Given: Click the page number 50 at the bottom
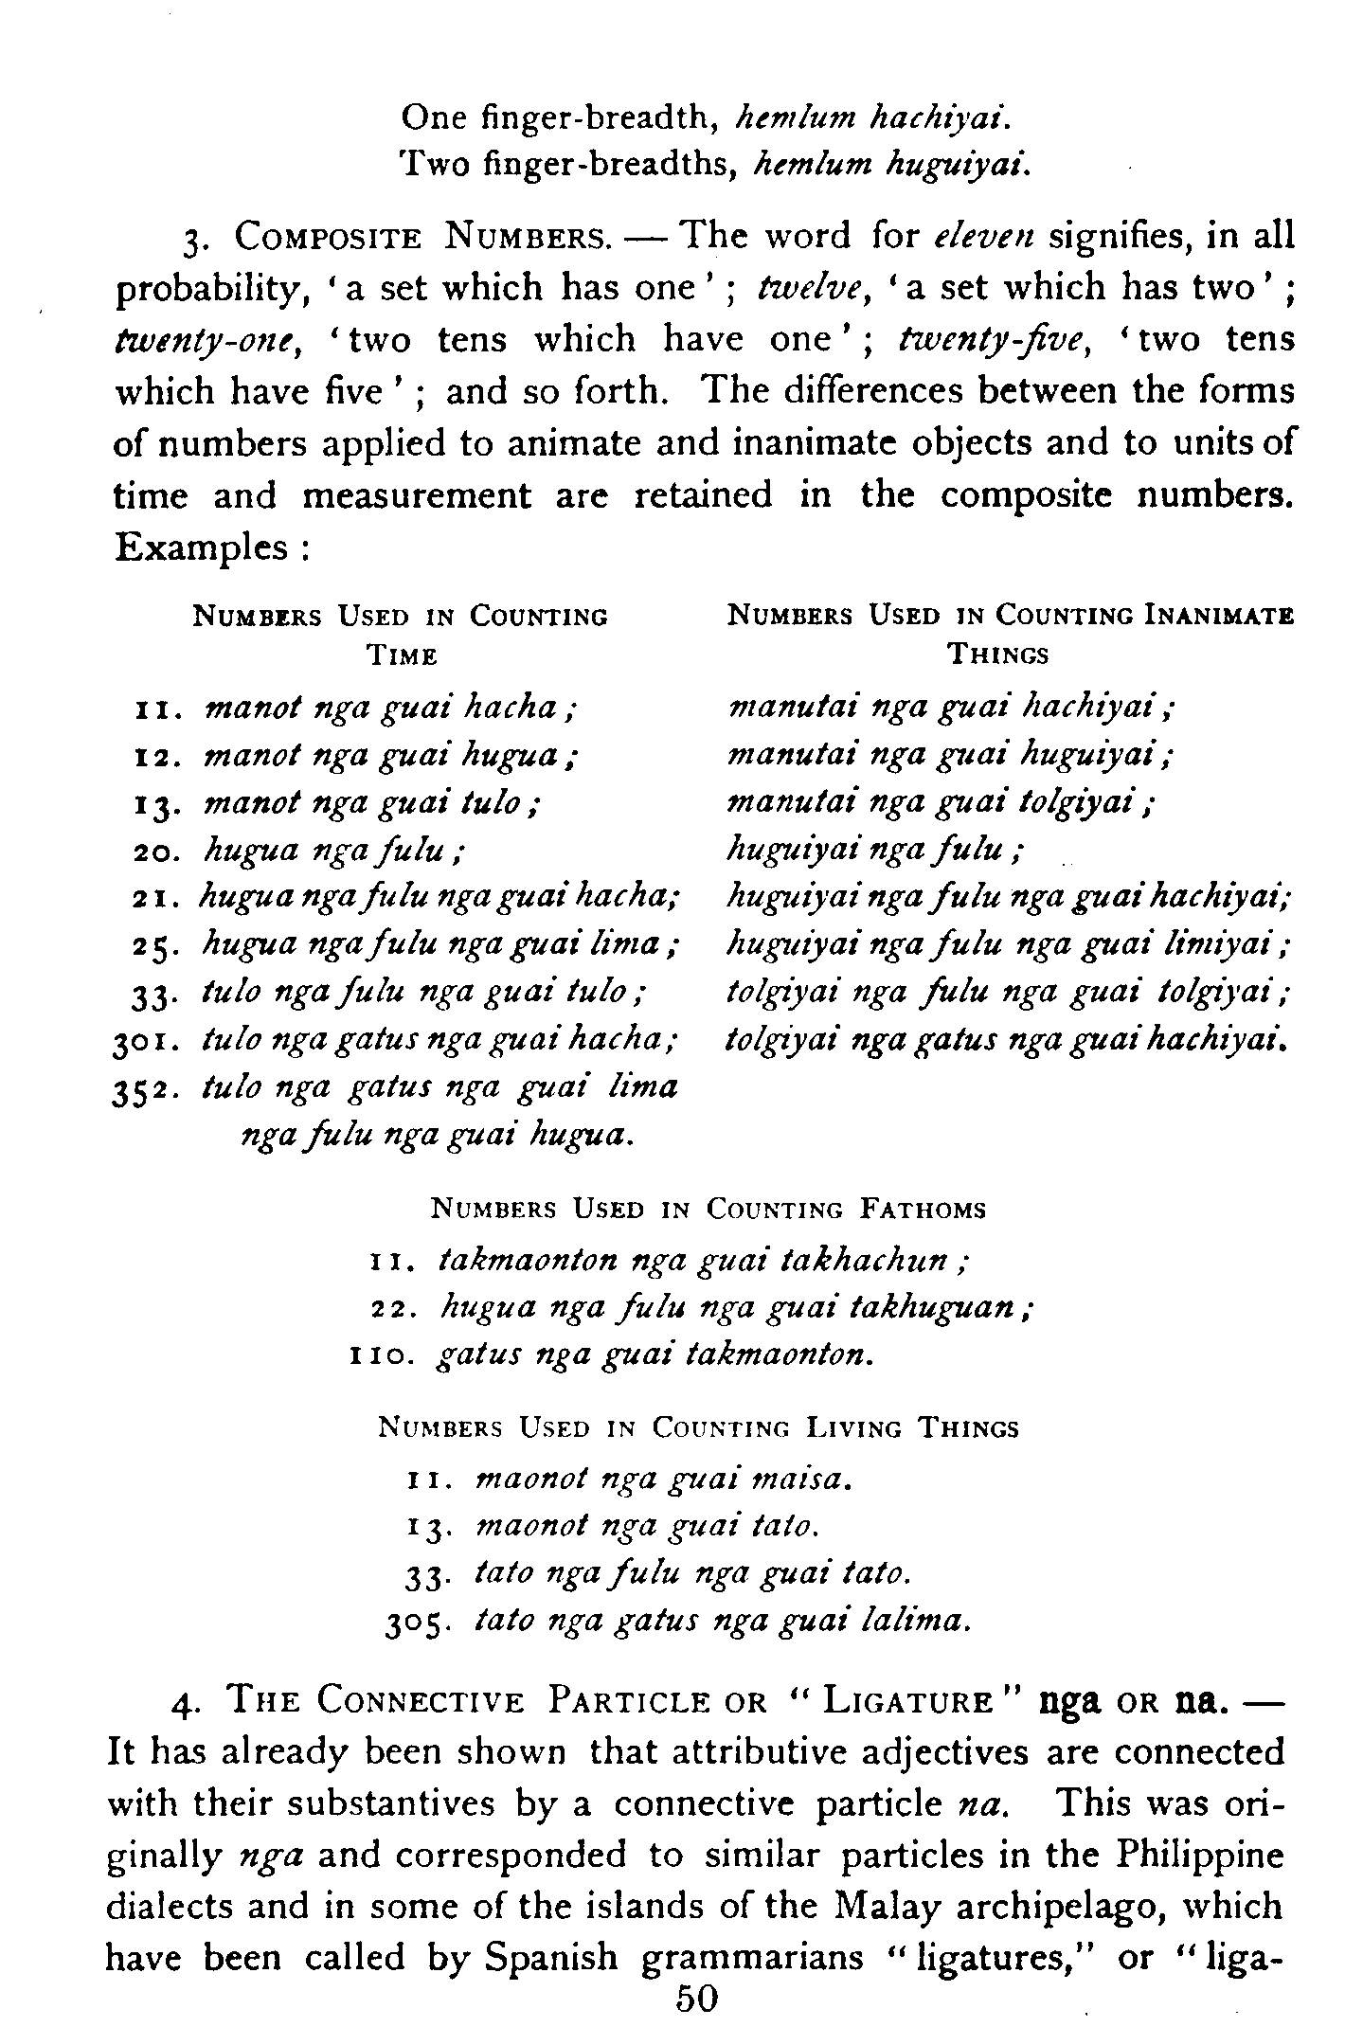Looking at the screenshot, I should [696, 1998].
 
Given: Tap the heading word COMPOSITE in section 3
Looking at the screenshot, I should [328, 236].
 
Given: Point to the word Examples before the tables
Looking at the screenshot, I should [201, 547].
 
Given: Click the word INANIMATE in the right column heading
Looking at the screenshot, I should [1218, 617].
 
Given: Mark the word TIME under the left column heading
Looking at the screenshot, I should [402, 655].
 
